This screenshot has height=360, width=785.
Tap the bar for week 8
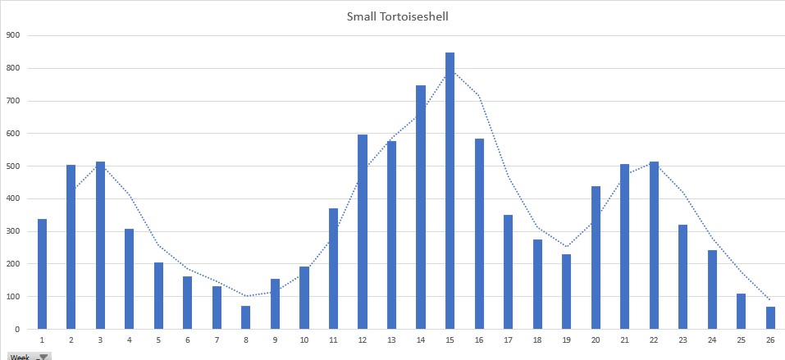[x=246, y=317]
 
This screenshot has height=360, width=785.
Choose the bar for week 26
[x=770, y=317]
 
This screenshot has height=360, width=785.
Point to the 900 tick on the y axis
[x=12, y=35]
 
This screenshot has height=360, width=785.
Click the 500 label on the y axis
[x=12, y=166]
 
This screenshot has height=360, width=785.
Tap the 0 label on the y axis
[x=17, y=329]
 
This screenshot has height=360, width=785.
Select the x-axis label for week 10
[x=304, y=340]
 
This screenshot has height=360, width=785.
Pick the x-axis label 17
[x=508, y=340]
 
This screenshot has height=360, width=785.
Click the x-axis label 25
[x=741, y=340]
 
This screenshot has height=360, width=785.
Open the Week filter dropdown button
[x=43, y=357]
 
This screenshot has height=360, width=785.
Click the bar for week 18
[x=537, y=284]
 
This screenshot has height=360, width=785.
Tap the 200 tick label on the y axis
[x=12, y=263]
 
